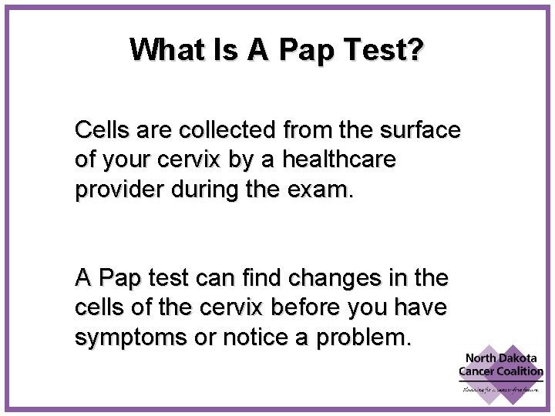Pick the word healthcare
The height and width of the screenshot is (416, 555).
pyautogui.click(x=338, y=160)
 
